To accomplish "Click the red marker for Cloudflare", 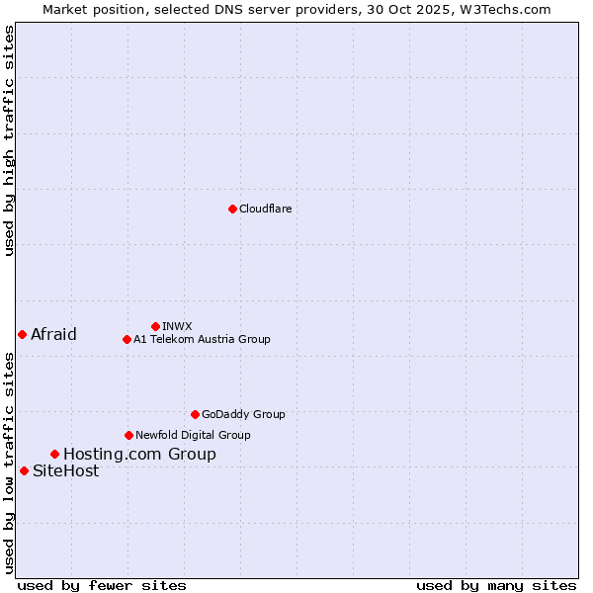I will click(x=232, y=209).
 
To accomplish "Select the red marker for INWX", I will click(x=155, y=326).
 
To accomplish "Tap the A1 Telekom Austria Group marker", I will click(x=127, y=339).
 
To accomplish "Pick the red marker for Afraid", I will click(x=22, y=334).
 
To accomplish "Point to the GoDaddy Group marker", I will click(x=195, y=414).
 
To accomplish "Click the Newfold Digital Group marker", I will click(x=128, y=435).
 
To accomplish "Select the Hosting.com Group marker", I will click(x=54, y=454).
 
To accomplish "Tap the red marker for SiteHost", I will click(x=24, y=470).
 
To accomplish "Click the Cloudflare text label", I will click(x=265, y=209).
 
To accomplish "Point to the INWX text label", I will click(x=177, y=326).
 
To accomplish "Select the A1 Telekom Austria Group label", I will click(x=202, y=339).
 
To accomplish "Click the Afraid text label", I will click(x=53, y=334).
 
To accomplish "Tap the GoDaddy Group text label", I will click(x=243, y=414).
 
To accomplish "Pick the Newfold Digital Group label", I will click(x=193, y=435).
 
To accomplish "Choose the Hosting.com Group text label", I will click(x=139, y=454).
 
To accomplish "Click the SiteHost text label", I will click(x=65, y=470).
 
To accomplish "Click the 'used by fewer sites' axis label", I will click(x=102, y=585).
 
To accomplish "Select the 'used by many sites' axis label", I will click(x=496, y=585).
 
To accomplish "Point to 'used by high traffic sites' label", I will click(x=9, y=140).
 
